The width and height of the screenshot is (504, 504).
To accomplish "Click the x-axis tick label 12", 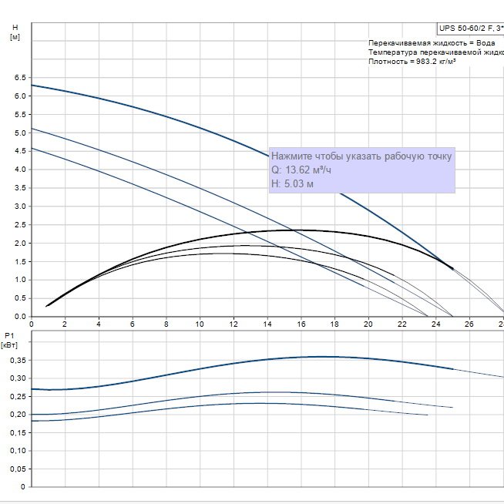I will tap(234, 324).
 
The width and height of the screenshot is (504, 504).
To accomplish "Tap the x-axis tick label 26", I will tap(470, 324).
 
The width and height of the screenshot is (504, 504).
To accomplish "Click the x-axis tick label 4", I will tap(99, 324).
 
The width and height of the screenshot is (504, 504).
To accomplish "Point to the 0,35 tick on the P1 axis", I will tap(16, 360).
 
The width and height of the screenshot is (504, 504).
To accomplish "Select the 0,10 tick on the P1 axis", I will tap(16, 451).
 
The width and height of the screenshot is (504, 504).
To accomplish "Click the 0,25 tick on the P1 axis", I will tap(16, 396).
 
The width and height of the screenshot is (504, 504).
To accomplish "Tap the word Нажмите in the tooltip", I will tap(294, 156).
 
